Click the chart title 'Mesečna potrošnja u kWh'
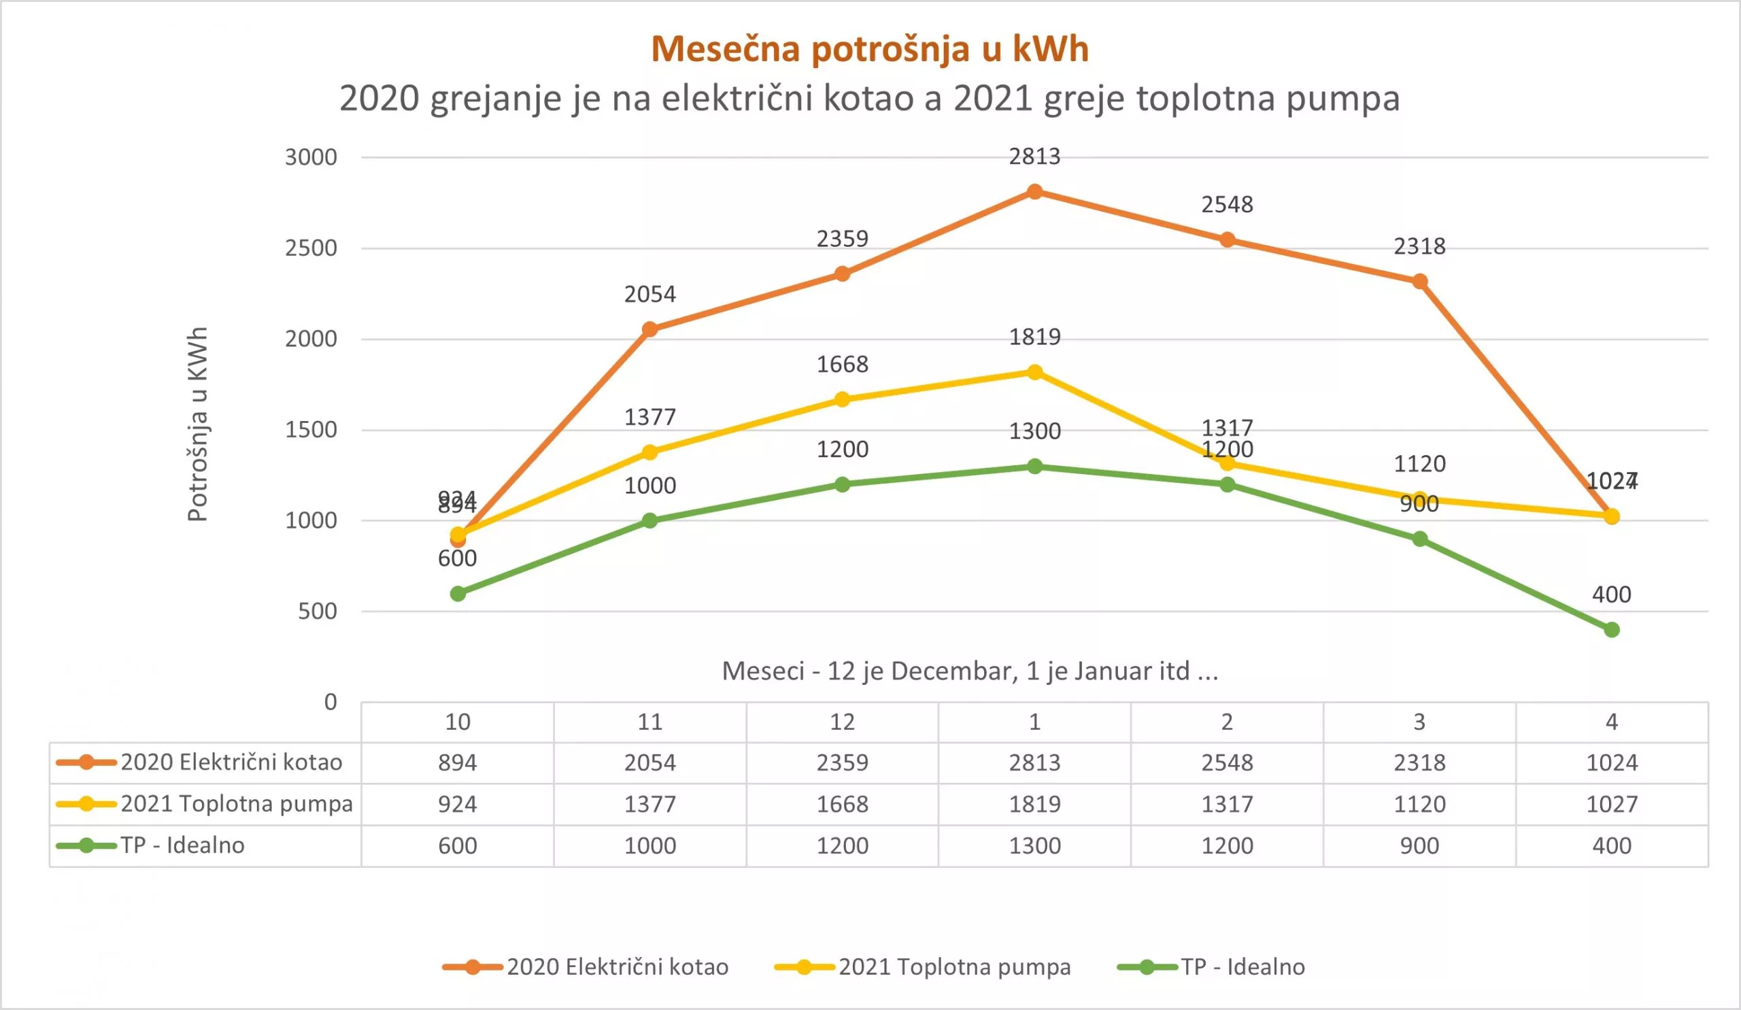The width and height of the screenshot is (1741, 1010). pos(870,49)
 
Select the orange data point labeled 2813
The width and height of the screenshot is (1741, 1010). pos(1034,191)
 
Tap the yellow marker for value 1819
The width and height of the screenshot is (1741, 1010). pos(1034,372)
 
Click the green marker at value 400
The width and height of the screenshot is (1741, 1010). pos(1611,629)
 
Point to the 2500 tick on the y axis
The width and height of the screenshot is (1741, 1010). pos(311,248)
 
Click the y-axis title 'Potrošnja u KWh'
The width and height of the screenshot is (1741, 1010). pos(198,424)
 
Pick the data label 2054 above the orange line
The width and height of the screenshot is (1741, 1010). pos(649,294)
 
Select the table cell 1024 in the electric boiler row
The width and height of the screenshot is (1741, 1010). pos(1611,762)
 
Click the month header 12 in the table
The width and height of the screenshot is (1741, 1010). pos(841,722)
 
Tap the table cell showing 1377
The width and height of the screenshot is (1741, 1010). pos(649,804)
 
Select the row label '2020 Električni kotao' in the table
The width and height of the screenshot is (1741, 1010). pos(231,762)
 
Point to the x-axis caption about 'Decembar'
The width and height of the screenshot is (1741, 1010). pos(969,671)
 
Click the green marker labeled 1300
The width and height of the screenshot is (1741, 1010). pos(1034,467)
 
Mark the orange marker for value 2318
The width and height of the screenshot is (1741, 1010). pos(1419,281)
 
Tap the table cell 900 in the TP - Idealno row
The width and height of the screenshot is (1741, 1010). pos(1419,845)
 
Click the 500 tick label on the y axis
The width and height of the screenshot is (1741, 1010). pos(317,611)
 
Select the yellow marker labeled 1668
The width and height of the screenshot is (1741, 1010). pos(841,399)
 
